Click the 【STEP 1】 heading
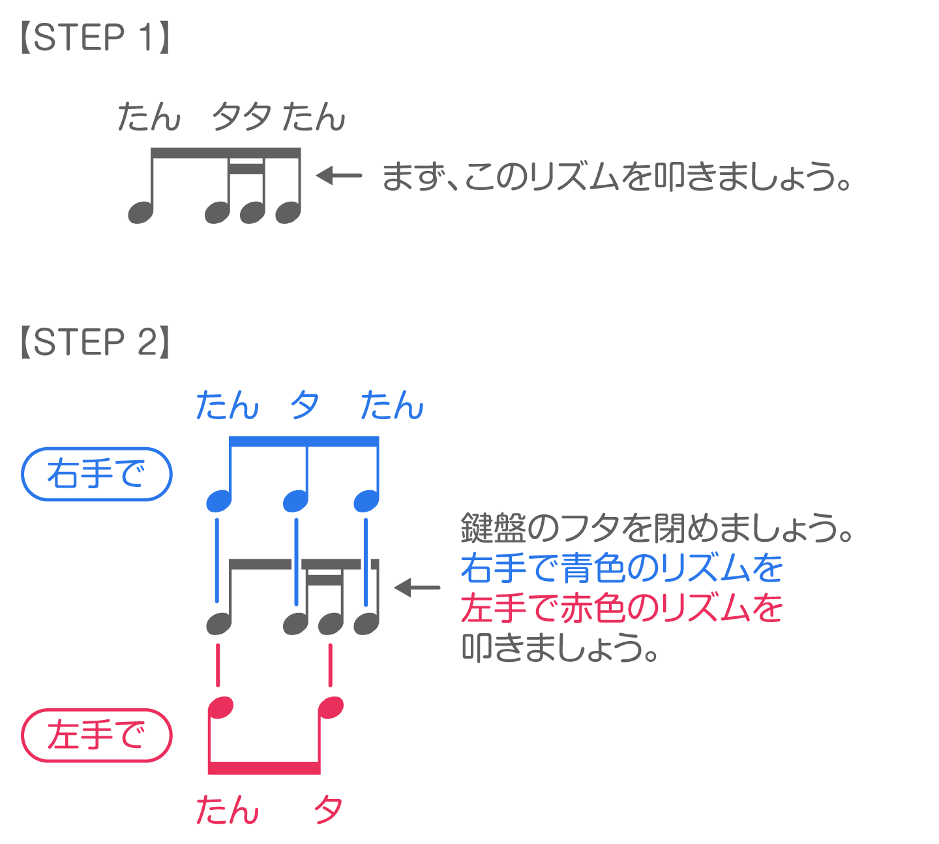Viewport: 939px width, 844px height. tap(95, 38)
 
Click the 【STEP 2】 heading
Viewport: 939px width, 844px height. tap(95, 342)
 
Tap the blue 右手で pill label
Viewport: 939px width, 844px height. tap(97, 475)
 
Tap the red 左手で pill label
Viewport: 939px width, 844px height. tap(97, 736)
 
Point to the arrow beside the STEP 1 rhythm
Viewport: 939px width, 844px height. tap(339, 175)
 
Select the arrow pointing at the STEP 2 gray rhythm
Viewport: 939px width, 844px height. tap(417, 587)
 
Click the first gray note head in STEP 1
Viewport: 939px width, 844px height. tap(140, 212)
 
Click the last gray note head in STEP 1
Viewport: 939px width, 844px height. tap(288, 212)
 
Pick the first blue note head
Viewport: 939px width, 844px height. tap(218, 501)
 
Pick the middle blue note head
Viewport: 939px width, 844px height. tap(295, 501)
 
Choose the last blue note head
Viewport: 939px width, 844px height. tap(366, 501)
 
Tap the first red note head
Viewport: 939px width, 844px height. tap(220, 708)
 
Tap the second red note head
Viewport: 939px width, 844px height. tap(331, 708)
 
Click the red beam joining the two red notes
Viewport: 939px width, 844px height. tap(264, 768)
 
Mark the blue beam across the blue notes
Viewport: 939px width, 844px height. tap(304, 442)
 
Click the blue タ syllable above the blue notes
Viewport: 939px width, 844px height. tap(305, 405)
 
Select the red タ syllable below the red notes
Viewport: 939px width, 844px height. tap(328, 810)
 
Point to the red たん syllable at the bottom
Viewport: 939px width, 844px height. tap(228, 810)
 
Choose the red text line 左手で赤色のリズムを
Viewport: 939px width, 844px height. tap(621, 608)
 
